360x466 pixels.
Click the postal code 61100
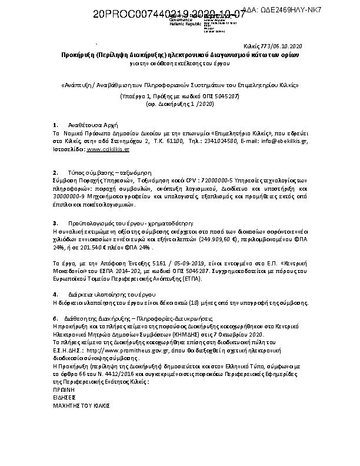point(164,142)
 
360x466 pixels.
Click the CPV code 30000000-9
point(73,197)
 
